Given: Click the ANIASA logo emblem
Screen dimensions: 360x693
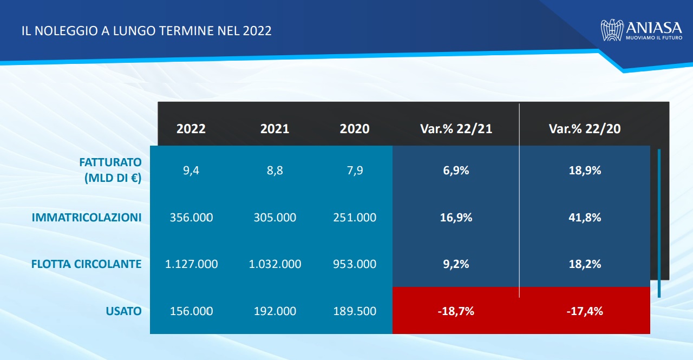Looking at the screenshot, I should point(612,30).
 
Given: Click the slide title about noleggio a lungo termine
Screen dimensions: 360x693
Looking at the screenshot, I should point(146,30).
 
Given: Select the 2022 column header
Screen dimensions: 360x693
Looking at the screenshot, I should point(191,129).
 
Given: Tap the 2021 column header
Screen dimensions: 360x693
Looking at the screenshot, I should point(274,129).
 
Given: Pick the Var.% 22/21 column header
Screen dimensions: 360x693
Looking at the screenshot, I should point(456,129).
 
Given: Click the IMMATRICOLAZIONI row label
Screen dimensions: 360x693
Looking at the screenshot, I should point(87,218).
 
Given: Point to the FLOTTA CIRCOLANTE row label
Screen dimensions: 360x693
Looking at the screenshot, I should point(87,264).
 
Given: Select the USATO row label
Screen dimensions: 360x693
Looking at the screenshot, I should point(124,311).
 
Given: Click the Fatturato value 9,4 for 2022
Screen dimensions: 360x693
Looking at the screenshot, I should point(191,171).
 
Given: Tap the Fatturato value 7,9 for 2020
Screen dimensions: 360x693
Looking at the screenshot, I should point(355,171).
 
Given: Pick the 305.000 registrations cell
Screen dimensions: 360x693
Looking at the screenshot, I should point(274,218).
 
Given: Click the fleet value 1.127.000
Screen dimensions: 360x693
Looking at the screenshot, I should point(191,264).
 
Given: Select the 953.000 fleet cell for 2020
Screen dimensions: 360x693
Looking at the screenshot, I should point(355,264).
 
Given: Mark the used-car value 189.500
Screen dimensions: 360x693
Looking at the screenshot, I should point(355,311).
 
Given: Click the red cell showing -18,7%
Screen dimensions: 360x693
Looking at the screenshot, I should point(456,311).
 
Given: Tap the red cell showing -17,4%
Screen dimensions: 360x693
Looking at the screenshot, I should point(585,311).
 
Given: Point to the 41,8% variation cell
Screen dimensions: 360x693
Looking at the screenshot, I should point(585,218).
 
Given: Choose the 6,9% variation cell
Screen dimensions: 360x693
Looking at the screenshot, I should point(456,171).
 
